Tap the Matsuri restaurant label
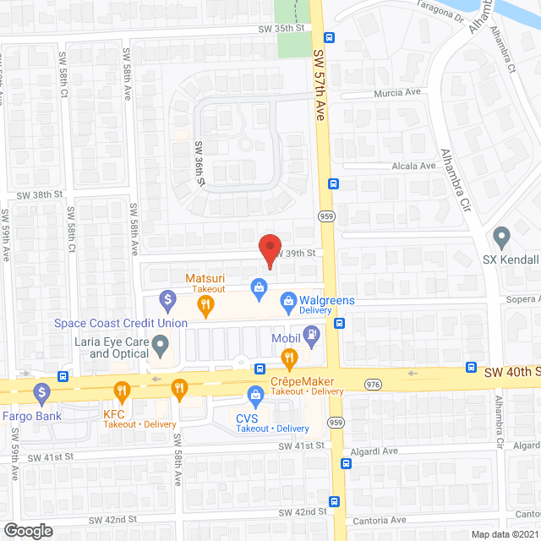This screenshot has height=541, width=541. pos(207,276)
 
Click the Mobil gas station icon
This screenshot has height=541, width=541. pos(313,336)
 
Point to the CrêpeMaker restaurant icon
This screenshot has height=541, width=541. pos(289,361)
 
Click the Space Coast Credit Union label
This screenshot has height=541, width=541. pos(121,323)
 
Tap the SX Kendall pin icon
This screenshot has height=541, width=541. pos(502,237)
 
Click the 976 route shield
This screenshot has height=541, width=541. pos(372,385)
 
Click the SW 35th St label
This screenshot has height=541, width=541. pos(281,28)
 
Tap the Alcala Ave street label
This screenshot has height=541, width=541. pos(414,167)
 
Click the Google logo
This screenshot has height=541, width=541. pos(27,531)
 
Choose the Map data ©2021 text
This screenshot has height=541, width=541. pos(505,533)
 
